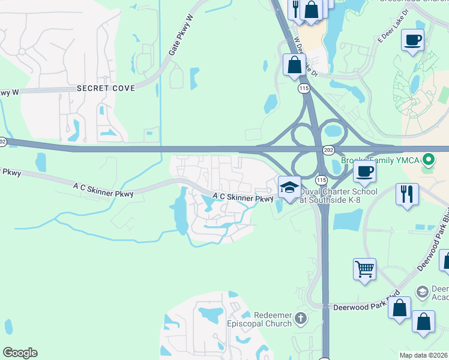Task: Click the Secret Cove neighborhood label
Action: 106,88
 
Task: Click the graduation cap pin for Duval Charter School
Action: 289,187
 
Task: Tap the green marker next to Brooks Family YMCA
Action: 428,161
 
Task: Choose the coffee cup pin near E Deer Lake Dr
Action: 412,41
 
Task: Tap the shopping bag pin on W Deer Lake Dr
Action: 294,65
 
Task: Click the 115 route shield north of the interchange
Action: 304,88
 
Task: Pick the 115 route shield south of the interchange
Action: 321,179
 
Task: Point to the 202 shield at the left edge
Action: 3,142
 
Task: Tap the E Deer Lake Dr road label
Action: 393,27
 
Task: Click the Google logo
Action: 20,353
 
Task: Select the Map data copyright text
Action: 424,355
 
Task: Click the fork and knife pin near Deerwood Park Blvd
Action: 406,194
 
